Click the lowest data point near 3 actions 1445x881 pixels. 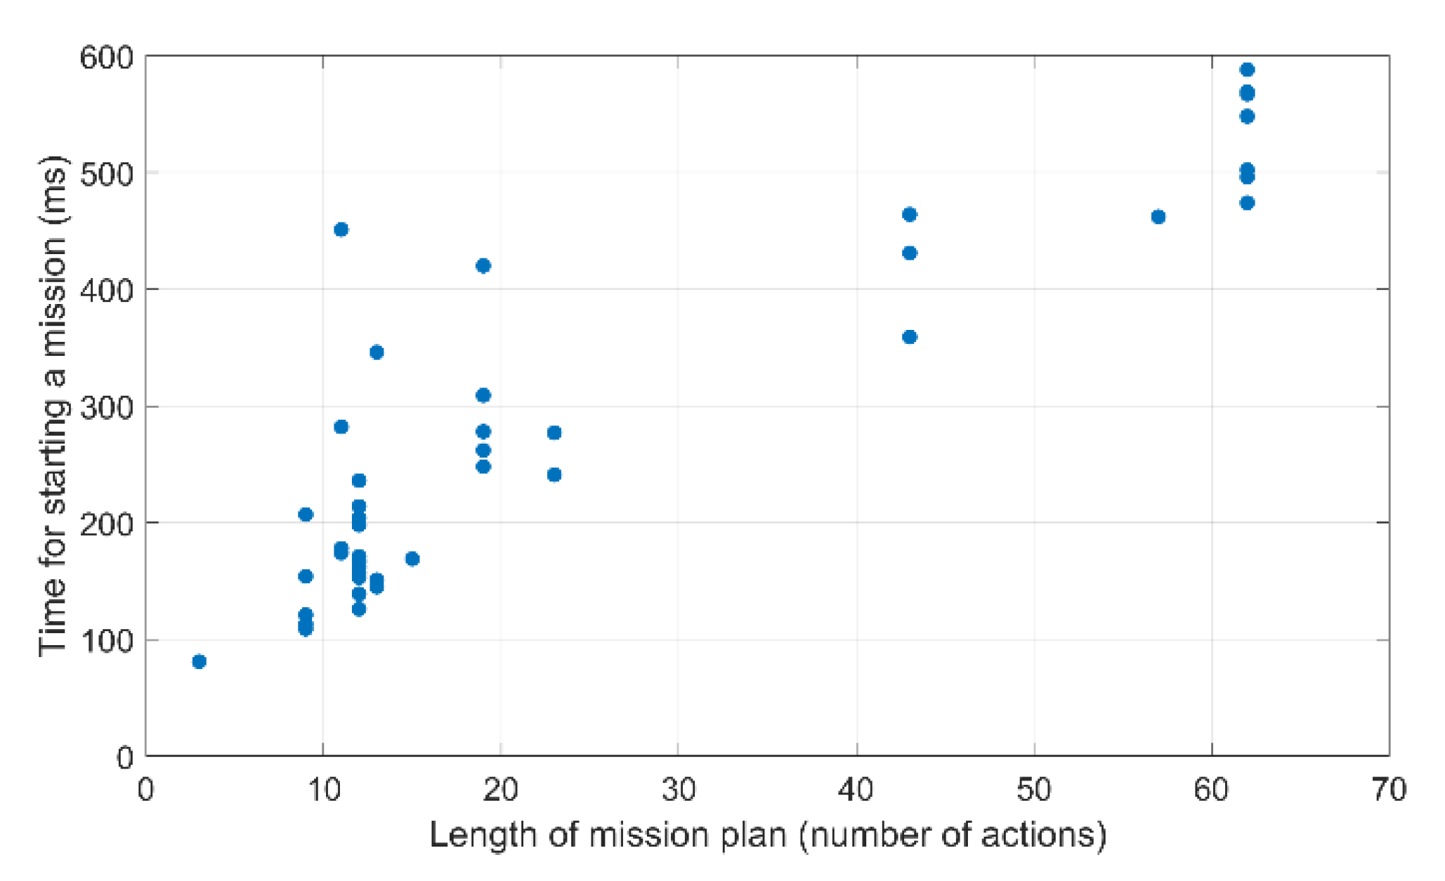[x=199, y=661]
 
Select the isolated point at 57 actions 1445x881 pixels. [x=1158, y=217]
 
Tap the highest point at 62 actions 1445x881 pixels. [x=1247, y=69]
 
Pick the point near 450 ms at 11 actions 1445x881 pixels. [x=341, y=230]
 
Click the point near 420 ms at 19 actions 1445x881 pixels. [x=483, y=265]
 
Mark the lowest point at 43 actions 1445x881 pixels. [x=910, y=337]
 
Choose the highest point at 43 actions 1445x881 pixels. [x=910, y=214]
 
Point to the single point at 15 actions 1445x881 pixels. [x=412, y=559]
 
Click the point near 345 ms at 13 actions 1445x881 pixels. [x=377, y=352]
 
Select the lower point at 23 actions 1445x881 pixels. [x=554, y=475]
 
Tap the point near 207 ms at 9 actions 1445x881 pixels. [x=306, y=515]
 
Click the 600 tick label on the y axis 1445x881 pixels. [x=106, y=57]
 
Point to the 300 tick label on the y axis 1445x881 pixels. [x=106, y=407]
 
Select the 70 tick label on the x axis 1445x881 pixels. [x=1389, y=790]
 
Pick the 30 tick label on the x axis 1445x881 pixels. [x=679, y=790]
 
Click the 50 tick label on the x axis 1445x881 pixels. [x=1034, y=790]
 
